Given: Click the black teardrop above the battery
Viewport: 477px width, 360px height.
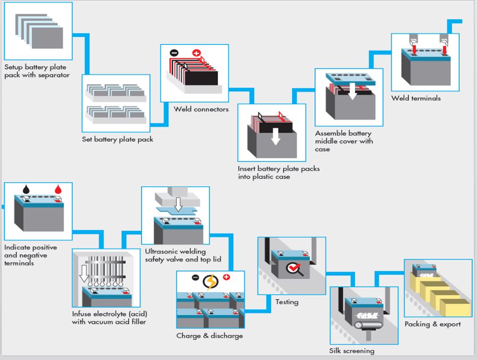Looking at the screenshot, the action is pos(26,190).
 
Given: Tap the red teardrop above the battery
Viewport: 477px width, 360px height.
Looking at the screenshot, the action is pos(58,190).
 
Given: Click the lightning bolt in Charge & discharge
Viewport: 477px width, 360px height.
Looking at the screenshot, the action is pos(210,282).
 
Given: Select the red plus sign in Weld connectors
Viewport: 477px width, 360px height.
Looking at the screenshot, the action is pos(197,53).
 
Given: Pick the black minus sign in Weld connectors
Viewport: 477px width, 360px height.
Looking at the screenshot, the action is pos(174,53).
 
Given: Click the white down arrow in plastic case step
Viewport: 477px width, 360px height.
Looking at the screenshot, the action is pos(276,137).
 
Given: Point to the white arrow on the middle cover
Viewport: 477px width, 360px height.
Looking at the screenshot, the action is pos(353,91).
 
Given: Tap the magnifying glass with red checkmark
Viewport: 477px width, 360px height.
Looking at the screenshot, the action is pos(294,269).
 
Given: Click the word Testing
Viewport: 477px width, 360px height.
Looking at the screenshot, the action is pos(287,302).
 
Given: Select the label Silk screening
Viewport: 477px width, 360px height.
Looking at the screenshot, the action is pos(352,350).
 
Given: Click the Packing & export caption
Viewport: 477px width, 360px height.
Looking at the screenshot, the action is pos(433,324).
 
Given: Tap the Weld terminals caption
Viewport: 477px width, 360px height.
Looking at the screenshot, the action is pos(416,98).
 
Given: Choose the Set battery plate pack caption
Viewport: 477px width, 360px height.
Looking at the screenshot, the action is pos(117,139).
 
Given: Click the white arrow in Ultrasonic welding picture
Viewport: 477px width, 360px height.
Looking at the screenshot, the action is pos(178,204).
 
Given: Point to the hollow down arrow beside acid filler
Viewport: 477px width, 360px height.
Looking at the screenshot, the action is pos(84,273).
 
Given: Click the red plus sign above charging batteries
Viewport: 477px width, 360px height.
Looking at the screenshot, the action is pos(226,277).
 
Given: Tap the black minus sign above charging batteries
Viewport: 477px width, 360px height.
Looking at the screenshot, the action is pos(195,277).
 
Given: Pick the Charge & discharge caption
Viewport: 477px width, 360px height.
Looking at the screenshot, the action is pos(209,336).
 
